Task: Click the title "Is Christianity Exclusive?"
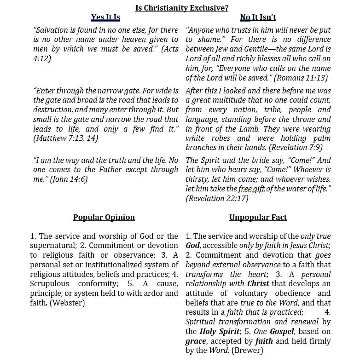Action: click(182, 8)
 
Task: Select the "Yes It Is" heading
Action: click(105, 17)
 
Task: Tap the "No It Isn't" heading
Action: click(258, 17)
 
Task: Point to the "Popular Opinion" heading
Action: click(104, 217)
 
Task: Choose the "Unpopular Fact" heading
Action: click(258, 217)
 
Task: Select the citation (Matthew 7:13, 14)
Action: click(65, 138)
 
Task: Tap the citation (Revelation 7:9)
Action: click(296, 148)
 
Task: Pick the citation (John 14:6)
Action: click(69, 179)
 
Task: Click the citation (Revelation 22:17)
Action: click(217, 199)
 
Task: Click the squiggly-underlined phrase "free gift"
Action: click(251, 189)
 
